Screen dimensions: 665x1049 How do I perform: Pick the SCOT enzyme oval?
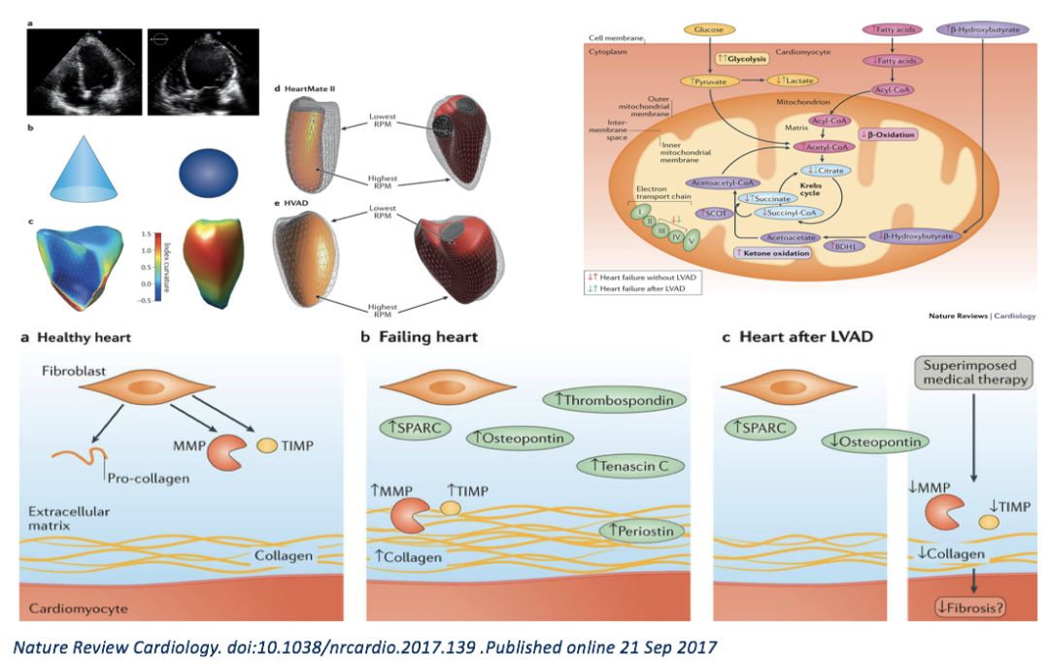(714, 214)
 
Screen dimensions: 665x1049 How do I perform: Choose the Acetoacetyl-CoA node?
(725, 182)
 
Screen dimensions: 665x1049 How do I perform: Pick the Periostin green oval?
(642, 530)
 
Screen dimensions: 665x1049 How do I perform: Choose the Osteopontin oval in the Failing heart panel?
(518, 439)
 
